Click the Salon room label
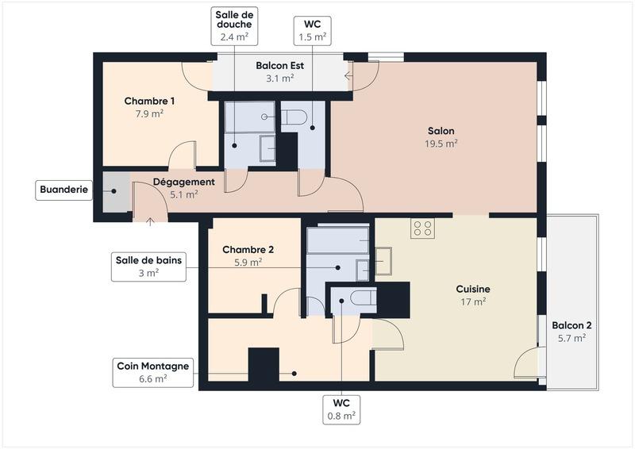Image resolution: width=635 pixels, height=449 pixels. (x=441, y=136)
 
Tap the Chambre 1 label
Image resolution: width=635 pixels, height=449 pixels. (x=149, y=106)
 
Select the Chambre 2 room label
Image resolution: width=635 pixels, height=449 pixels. (x=248, y=255)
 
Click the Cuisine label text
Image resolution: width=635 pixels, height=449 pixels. (x=472, y=294)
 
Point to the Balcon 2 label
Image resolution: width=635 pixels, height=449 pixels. (x=571, y=331)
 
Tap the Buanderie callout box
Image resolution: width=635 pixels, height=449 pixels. (x=64, y=190)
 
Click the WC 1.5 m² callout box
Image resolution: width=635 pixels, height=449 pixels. (x=312, y=30)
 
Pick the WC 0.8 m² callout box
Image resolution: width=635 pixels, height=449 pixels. (x=341, y=408)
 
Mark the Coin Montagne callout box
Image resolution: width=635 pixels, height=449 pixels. (x=152, y=372)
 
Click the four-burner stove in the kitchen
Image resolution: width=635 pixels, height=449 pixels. (x=422, y=228)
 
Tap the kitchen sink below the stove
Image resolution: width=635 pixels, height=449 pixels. (x=383, y=261)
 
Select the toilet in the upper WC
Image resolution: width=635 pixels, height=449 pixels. (x=294, y=117)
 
